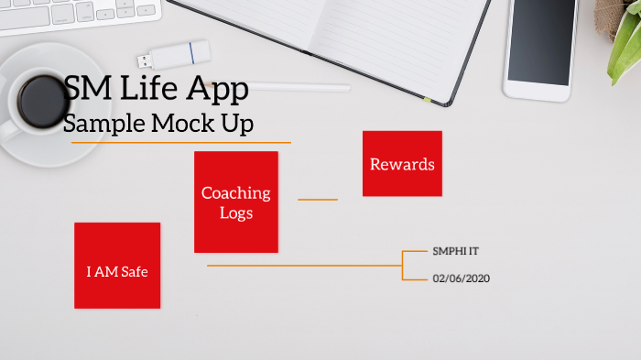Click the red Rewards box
coord(402,164)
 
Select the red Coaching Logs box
coord(236,202)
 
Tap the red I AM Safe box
coord(117,266)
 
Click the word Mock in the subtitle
coord(178,124)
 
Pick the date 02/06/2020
coord(462,278)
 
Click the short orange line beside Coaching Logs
coord(318,199)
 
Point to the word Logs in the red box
coord(236,213)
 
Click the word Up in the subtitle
coord(236,124)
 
